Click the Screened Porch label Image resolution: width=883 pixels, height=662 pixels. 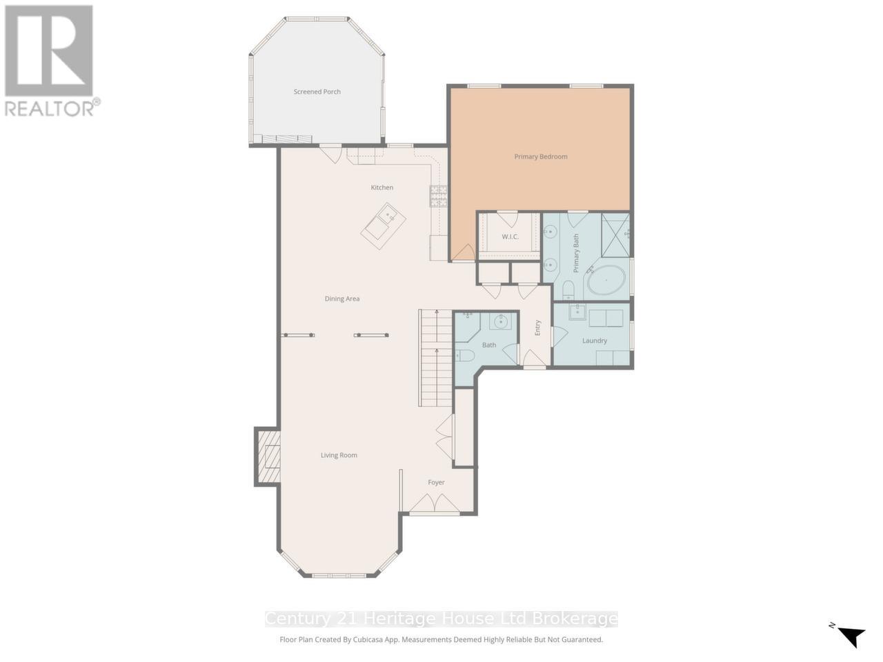317,92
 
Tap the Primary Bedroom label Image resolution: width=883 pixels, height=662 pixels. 541,157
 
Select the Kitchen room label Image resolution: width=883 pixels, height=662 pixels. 381,188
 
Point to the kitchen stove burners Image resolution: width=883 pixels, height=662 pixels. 439,197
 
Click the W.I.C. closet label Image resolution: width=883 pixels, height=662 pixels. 510,237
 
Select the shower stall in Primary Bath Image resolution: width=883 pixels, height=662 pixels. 615,235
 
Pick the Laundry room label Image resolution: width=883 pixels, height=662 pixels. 594,341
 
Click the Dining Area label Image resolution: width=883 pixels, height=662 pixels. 342,299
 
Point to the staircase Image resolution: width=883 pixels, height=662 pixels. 435,359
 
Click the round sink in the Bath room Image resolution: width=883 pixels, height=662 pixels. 502,321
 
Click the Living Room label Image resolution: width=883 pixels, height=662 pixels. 339,455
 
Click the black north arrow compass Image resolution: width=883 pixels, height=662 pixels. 852,635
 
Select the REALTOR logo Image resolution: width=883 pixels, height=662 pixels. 50,60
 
